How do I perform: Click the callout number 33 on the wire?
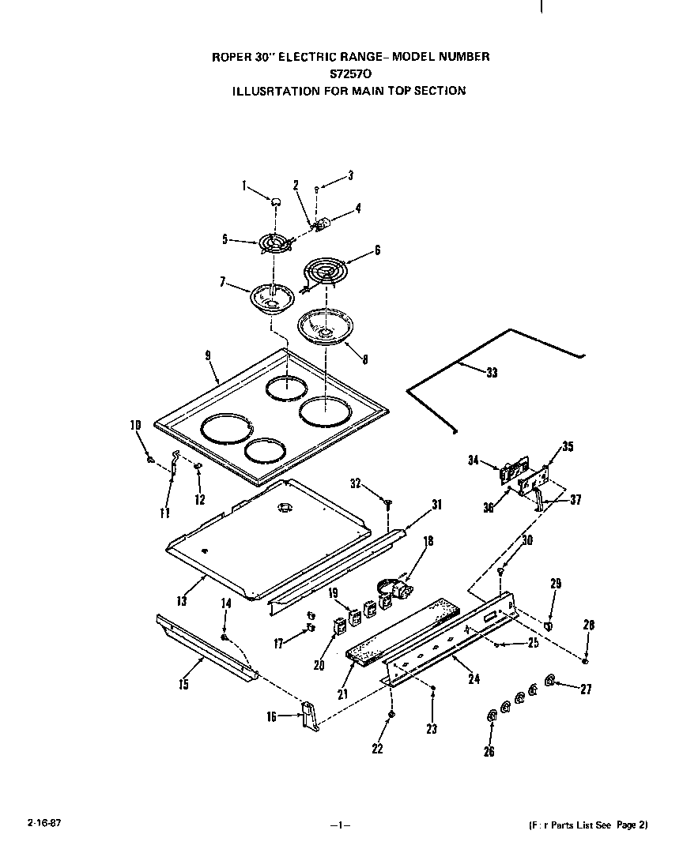[492, 373]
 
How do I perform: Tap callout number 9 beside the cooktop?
[208, 356]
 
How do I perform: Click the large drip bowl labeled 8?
[325, 326]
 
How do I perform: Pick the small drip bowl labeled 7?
[273, 299]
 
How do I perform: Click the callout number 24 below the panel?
[474, 677]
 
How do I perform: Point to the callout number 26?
[489, 752]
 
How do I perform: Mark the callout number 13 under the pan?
[182, 601]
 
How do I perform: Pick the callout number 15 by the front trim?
[183, 685]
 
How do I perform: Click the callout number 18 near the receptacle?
[429, 542]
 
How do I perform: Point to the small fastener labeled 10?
[149, 459]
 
